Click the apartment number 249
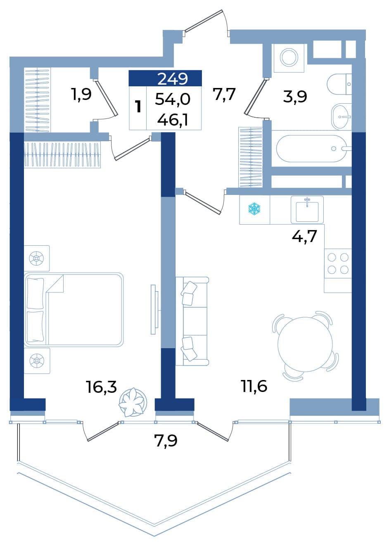pyautogui.click(x=173, y=78)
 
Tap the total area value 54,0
pyautogui.click(x=173, y=100)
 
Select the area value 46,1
pyautogui.click(x=173, y=120)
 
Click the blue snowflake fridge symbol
pyautogui.click(x=254, y=209)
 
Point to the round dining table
pyautogui.click(x=305, y=342)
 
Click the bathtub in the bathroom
pyautogui.click(x=314, y=148)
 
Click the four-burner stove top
pyautogui.click(x=338, y=264)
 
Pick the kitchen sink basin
pyautogui.click(x=307, y=211)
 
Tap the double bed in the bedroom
pyautogui.click(x=74, y=309)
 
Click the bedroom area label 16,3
pyautogui.click(x=102, y=387)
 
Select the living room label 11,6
pyautogui.click(x=254, y=386)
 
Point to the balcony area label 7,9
pyautogui.click(x=166, y=441)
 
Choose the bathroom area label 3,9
pyautogui.click(x=295, y=97)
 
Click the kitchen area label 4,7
pyautogui.click(x=304, y=236)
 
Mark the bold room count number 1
pyautogui.click(x=139, y=107)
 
